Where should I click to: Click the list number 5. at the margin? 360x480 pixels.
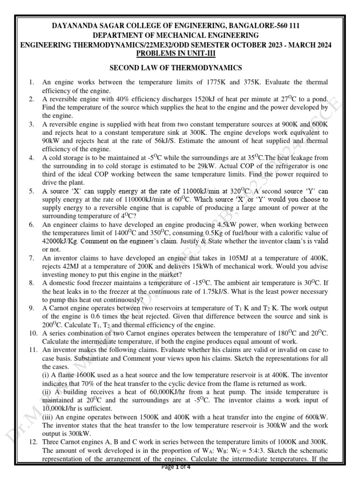coord(31,191)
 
